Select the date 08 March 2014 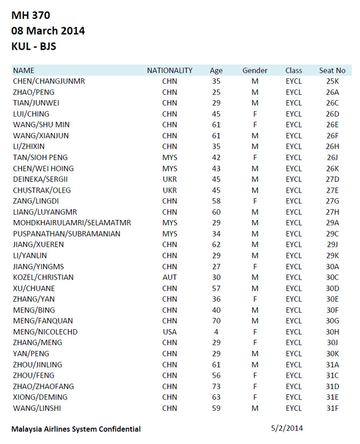pyautogui.click(x=48, y=31)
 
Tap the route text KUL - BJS pyautogui.click(x=34, y=46)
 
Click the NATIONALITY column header pyautogui.click(x=170, y=70)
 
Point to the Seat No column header pyautogui.click(x=332, y=70)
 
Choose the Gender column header pyautogui.click(x=255, y=70)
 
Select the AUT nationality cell pyautogui.click(x=170, y=277)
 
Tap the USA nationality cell pyautogui.click(x=170, y=331)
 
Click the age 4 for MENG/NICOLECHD pyautogui.click(x=216, y=331)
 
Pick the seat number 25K pyautogui.click(x=333, y=81)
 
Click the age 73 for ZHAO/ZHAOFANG pyautogui.click(x=216, y=386)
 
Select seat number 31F pyautogui.click(x=333, y=408)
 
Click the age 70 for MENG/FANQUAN pyautogui.click(x=216, y=321)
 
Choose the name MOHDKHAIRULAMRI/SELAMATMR pyautogui.click(x=72, y=223)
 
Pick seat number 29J pyautogui.click(x=333, y=245)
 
